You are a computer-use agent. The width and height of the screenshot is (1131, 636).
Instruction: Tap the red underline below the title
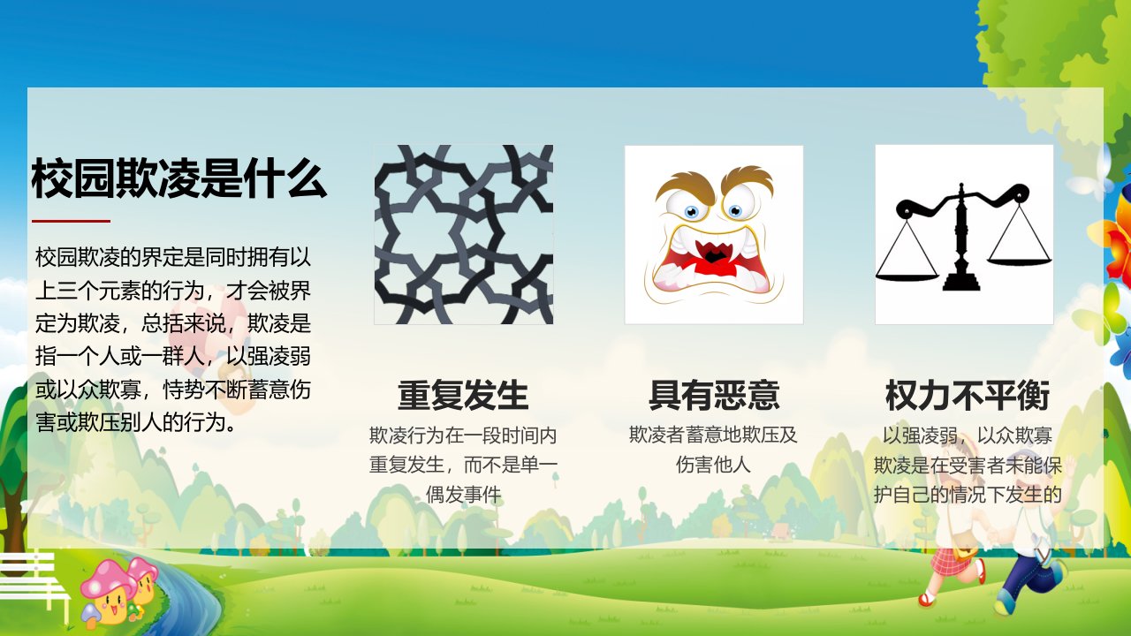(x=71, y=221)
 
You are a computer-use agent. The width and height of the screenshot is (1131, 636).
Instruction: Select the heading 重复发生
(x=463, y=395)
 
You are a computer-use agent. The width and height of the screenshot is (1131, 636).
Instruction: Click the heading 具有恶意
(x=713, y=395)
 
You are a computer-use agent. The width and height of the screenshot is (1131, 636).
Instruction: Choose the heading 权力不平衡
(x=968, y=395)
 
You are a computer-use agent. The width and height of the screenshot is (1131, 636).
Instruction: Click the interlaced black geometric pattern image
(x=464, y=234)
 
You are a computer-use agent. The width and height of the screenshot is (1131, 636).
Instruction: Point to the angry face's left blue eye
(x=691, y=211)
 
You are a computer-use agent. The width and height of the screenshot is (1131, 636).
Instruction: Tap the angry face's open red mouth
(x=712, y=262)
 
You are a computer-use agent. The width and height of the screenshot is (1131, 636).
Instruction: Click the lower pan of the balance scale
(x=907, y=276)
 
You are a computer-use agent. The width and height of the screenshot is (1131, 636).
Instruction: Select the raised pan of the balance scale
(x=1020, y=261)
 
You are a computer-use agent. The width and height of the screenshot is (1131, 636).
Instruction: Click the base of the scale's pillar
(x=961, y=281)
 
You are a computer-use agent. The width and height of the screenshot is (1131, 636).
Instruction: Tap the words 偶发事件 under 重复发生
(x=463, y=494)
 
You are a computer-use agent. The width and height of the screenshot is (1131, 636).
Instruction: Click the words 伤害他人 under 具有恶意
(x=713, y=465)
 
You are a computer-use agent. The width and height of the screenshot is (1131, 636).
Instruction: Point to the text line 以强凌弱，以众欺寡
(x=968, y=435)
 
